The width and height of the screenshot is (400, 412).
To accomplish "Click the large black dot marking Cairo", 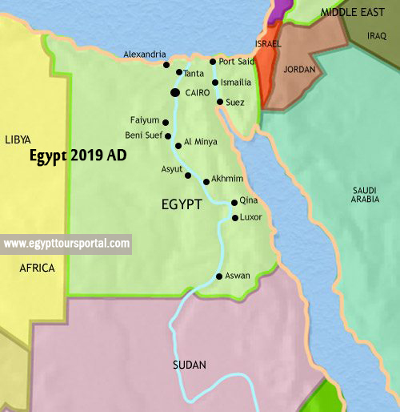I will [175, 93].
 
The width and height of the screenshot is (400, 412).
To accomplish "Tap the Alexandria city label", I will [144, 55].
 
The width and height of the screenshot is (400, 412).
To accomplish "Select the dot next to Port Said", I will [213, 62].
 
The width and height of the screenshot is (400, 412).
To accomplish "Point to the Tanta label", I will [194, 73].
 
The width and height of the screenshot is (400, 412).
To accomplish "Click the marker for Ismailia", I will [215, 83].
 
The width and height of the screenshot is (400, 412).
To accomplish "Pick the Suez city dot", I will [220, 102].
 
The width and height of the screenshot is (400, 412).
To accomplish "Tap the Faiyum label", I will [144, 120].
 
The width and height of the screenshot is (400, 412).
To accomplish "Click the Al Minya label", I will [200, 141].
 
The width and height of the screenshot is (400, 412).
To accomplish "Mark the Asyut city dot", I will [188, 176].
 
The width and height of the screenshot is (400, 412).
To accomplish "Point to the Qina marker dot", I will [234, 203].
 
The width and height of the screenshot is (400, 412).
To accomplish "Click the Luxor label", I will [251, 217].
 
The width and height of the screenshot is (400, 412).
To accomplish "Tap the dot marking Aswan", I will [219, 277].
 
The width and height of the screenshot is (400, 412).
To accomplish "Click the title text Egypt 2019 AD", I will [78, 156].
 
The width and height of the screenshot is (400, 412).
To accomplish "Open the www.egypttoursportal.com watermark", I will [66, 243].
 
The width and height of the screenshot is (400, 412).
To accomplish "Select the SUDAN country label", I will [190, 365].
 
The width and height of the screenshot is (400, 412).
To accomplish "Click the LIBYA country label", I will [18, 139].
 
